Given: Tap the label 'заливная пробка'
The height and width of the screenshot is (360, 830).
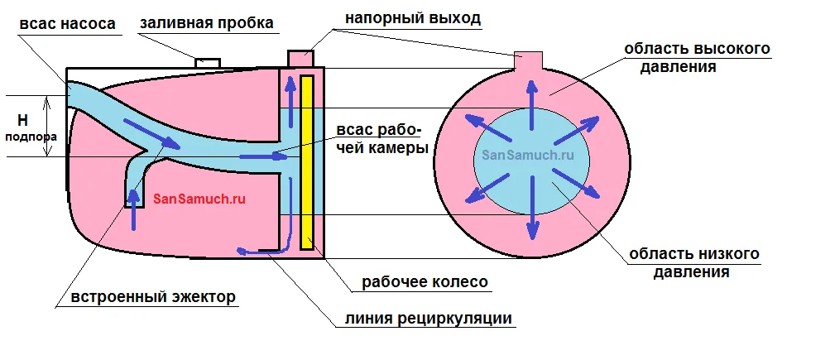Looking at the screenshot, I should coord(207,23).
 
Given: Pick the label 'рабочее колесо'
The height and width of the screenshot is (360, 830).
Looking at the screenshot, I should coord(425,282).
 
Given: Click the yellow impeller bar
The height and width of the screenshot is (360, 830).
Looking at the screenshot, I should coord(306,161).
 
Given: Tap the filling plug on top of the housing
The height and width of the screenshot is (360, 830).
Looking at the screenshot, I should coord(208,62).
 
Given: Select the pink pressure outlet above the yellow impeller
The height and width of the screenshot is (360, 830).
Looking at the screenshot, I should coord(298,58).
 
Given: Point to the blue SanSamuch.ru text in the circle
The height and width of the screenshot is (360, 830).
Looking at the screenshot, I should coord(527,155).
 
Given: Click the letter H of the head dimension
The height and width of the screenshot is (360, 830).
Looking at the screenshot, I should coord(22,120).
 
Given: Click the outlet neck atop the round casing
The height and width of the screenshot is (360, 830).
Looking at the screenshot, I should coord(529,60).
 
